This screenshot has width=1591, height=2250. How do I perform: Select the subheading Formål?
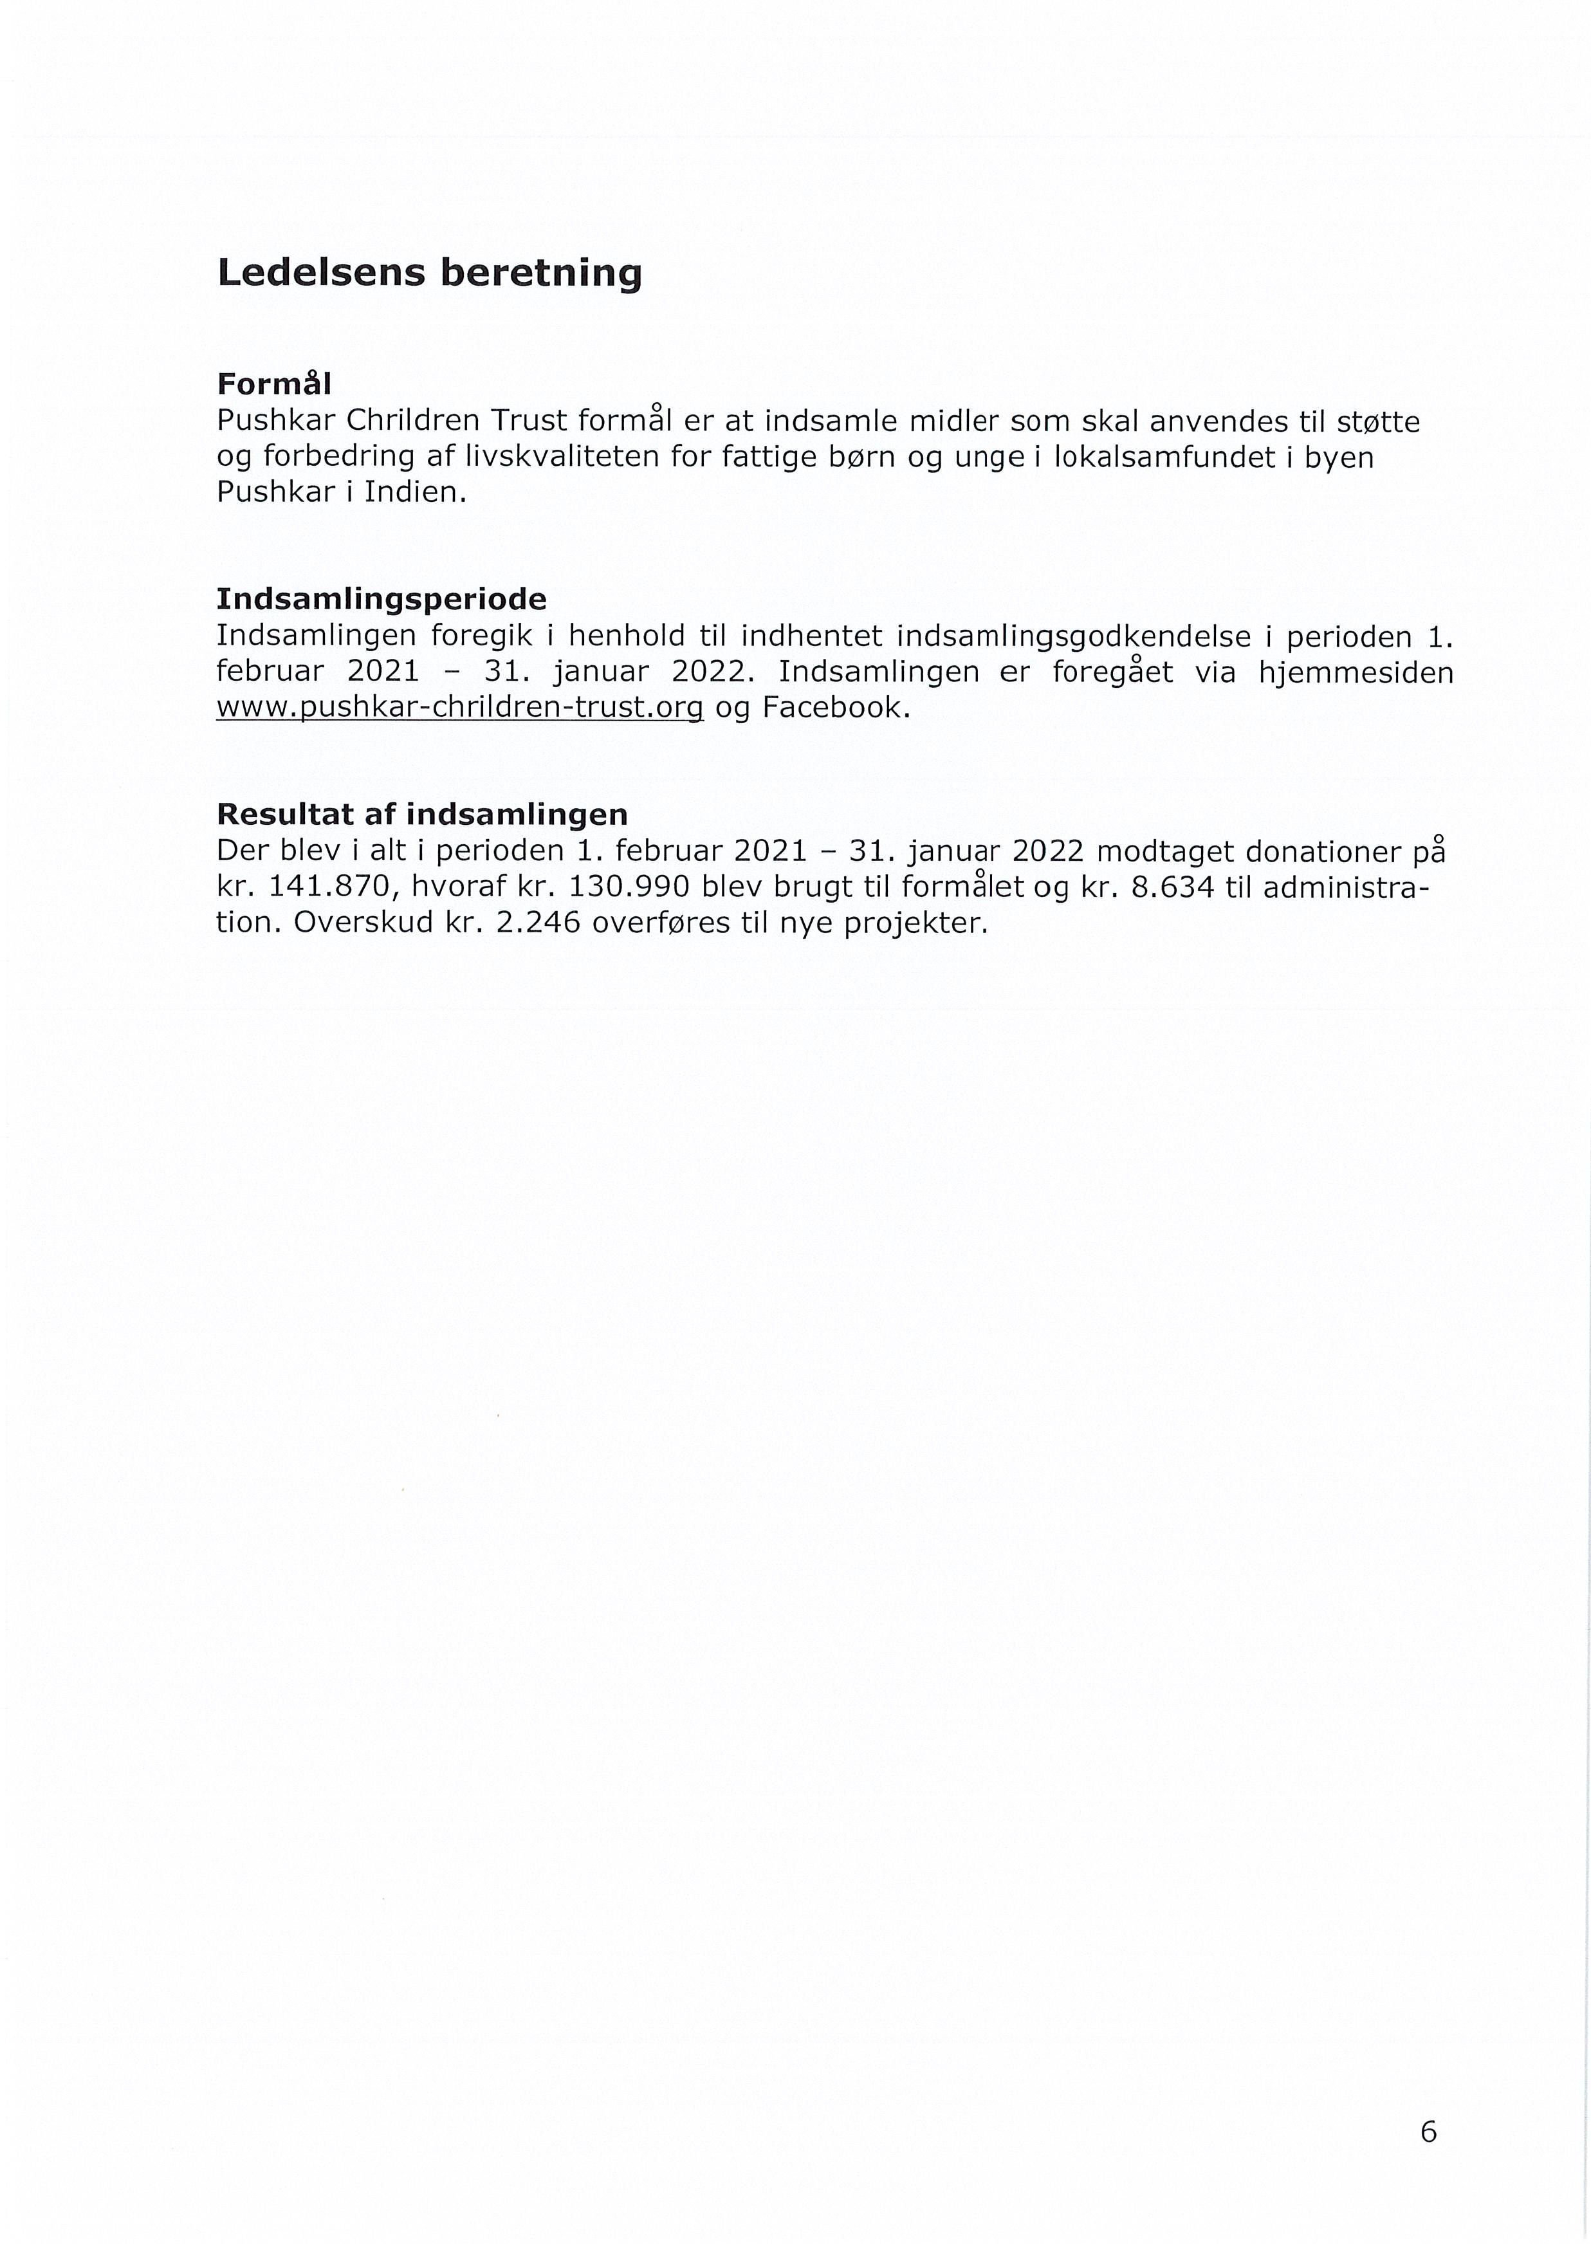tap(273, 383)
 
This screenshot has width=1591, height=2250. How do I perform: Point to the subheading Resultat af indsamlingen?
tap(421, 815)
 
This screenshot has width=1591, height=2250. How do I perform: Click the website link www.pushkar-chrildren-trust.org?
tap(459, 708)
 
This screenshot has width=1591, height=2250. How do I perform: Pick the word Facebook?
tap(829, 708)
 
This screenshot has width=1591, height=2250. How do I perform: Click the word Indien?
tap(410, 492)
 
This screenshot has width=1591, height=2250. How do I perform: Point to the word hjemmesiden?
tap(1356, 672)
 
